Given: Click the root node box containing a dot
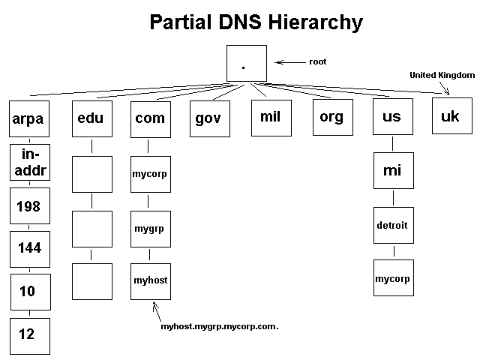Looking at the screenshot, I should tap(246, 63).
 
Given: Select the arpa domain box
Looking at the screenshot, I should tap(28, 118).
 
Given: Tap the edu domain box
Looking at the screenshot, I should tap(91, 118).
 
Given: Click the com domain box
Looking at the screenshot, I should tap(150, 118).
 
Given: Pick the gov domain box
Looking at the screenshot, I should tap(208, 118).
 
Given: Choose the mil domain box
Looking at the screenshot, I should tap(270, 117).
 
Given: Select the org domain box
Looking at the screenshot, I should tap(331, 117).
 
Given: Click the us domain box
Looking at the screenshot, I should tap(392, 117).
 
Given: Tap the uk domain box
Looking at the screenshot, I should tap(451, 117).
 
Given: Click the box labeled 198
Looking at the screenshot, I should tap(28, 206).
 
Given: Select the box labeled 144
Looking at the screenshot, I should tap(28, 248).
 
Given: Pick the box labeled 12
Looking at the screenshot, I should tap(28, 334).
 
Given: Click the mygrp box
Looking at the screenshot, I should tap(149, 227).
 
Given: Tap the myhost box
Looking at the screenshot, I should tap(149, 280).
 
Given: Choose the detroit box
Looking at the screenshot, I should tap(392, 225).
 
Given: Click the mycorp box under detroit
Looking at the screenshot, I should tap(392, 278).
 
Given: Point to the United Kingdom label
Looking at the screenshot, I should tap(442, 75).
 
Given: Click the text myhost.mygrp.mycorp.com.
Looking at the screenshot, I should tap(214, 327).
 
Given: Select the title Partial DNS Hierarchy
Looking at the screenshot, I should tap(256, 22).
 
